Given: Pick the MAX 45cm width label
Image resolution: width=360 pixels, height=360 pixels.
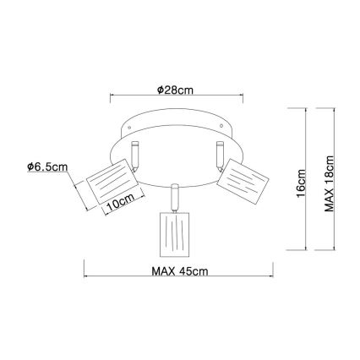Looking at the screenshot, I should point(180,270).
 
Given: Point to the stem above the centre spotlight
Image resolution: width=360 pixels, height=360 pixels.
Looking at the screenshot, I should point(174,196).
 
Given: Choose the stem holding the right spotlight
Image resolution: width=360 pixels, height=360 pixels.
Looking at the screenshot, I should point(217,155).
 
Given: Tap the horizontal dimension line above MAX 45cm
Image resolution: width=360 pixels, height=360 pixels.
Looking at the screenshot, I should point(179,278).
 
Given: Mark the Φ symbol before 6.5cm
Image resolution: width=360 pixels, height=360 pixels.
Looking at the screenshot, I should point(30,167).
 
